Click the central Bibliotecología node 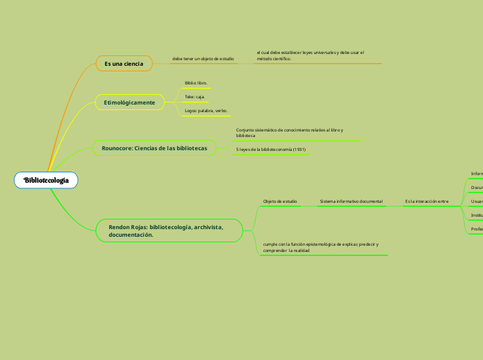coord(46,181)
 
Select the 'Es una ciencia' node coord(123,64)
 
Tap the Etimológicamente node coord(129,102)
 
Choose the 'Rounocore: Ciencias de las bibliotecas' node coord(154,148)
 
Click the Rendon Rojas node coord(166,231)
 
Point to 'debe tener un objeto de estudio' coord(203,59)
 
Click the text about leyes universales coord(310,55)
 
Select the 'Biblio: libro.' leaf coord(196,83)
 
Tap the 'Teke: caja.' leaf coord(195,97)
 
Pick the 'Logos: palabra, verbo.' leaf coord(206,111)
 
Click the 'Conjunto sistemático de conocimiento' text coord(289,133)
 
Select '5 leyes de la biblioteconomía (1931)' coord(271,149)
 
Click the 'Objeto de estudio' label coord(280,201)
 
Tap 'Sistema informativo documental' coord(351,201)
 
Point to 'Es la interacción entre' coord(427,201)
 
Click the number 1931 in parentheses coord(299,149)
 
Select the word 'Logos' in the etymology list coord(191,111)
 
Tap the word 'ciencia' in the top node coord(133,64)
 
